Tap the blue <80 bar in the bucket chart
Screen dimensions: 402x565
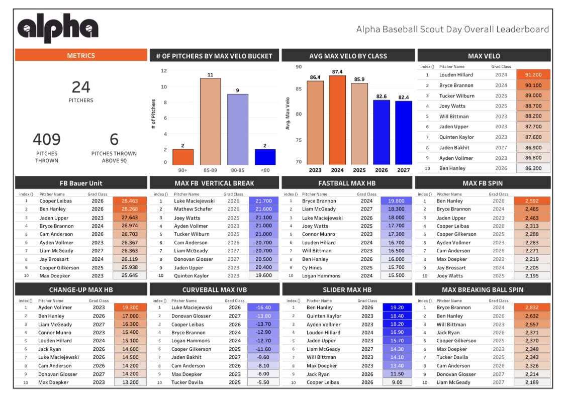264,157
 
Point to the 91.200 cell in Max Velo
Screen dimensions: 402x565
536,75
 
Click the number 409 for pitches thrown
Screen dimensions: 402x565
47,140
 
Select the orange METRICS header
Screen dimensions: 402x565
81,55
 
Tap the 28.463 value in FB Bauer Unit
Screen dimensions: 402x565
130,201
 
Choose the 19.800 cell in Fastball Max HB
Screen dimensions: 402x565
397,201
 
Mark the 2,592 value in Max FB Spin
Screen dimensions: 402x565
532,201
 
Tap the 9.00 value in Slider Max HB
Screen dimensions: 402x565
397,382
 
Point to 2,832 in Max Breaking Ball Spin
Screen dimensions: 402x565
532,308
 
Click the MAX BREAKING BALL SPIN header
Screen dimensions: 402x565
483,289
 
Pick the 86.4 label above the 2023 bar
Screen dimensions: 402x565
315,77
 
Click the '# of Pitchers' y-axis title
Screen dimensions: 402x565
153,115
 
